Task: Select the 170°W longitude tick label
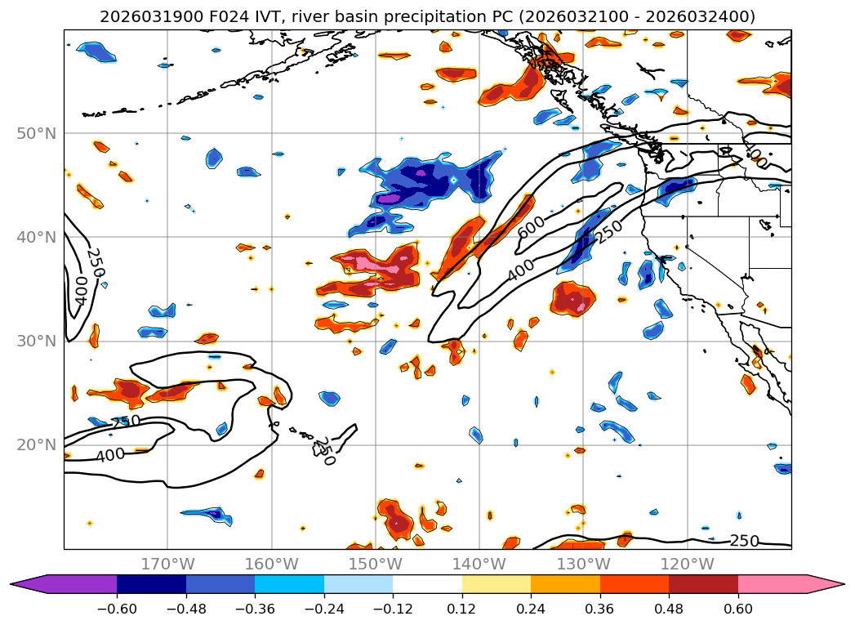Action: pyautogui.click(x=167, y=564)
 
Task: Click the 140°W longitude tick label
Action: pyautogui.click(x=479, y=564)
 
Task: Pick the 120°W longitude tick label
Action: pyautogui.click(x=687, y=564)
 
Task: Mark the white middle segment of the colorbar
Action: pyautogui.click(x=427, y=584)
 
